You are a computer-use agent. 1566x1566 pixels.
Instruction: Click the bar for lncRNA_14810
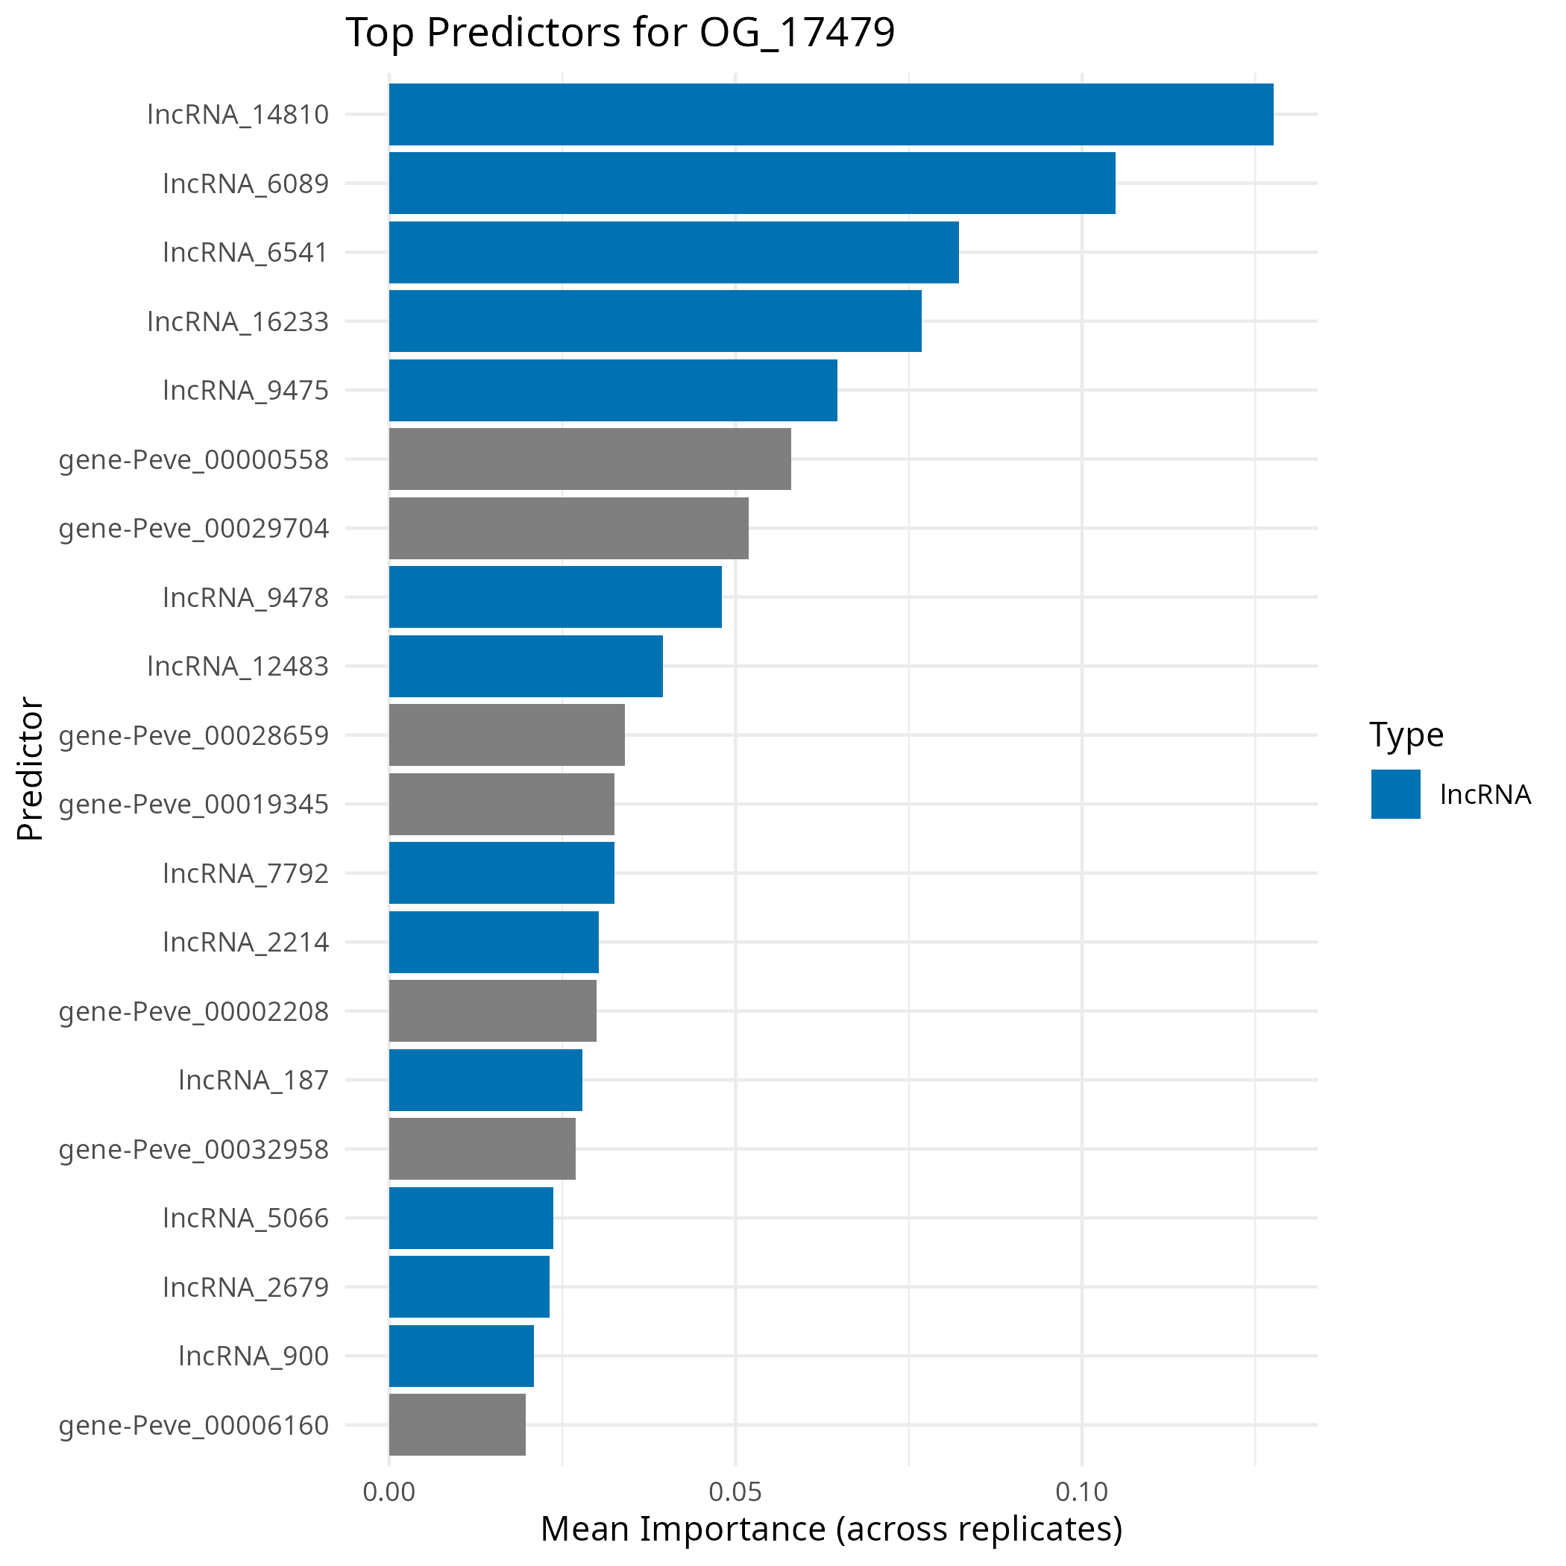(831, 114)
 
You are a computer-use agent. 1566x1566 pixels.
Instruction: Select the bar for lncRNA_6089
(752, 183)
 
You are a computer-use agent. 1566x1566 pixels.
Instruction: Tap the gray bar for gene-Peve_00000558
(589, 459)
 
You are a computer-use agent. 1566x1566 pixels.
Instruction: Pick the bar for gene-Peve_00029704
(568, 528)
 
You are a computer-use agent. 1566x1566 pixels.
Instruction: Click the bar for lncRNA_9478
(556, 597)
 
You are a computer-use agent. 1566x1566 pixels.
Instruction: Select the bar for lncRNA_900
(461, 1355)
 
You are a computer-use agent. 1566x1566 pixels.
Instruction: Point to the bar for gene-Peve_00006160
(457, 1424)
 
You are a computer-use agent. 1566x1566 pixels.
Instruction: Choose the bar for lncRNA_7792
(501, 873)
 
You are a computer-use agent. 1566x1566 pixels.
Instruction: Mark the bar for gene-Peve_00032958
(482, 1148)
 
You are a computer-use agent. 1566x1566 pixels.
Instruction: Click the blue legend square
(1395, 793)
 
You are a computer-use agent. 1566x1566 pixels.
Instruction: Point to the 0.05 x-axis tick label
(735, 1491)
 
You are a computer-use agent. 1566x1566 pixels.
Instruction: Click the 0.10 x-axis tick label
(1081, 1491)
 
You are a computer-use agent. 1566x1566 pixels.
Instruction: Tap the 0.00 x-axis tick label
(389, 1491)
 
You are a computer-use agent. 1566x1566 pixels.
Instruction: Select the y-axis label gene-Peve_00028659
(194, 735)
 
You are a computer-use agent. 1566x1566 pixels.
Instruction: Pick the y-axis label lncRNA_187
(253, 1080)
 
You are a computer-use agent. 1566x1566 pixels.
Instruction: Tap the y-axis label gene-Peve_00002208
(194, 1010)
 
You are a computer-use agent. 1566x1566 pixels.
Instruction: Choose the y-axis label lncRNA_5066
(245, 1218)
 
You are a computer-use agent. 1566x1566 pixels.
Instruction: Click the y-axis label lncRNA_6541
(245, 252)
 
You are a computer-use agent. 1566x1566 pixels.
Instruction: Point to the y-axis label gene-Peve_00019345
(194, 804)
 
